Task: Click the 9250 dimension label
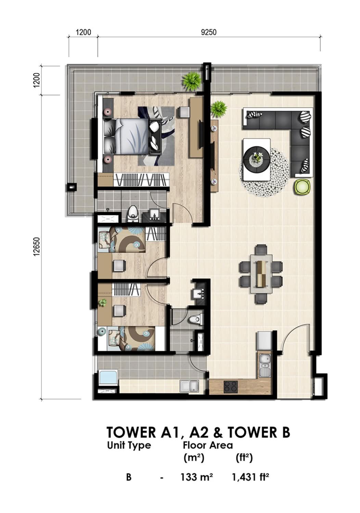pos(208,32)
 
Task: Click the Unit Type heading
pos(129,445)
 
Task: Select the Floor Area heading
pos(208,445)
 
